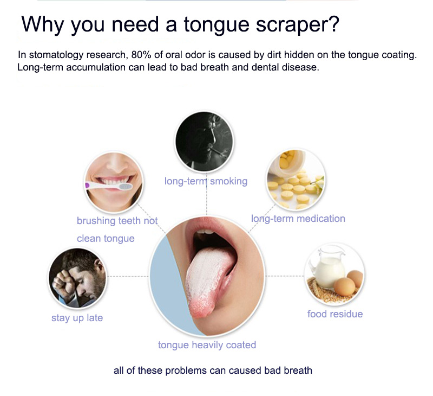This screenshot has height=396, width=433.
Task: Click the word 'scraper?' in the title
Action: pos(297,25)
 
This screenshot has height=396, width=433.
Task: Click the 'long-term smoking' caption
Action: pos(206,181)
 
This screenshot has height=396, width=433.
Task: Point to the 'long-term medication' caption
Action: pos(298,219)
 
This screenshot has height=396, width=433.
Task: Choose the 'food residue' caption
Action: pos(335,314)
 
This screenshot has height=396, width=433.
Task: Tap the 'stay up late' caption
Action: pos(77,318)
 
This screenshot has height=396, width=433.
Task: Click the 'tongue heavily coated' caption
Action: pos(207,345)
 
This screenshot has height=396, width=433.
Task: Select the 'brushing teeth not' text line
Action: pos(117,221)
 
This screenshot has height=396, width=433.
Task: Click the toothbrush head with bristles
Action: pos(125,187)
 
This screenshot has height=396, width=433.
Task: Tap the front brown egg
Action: pos(344,286)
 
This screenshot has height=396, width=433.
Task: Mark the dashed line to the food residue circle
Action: pos(285,276)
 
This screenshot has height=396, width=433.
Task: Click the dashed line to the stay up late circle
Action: pos(128,276)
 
